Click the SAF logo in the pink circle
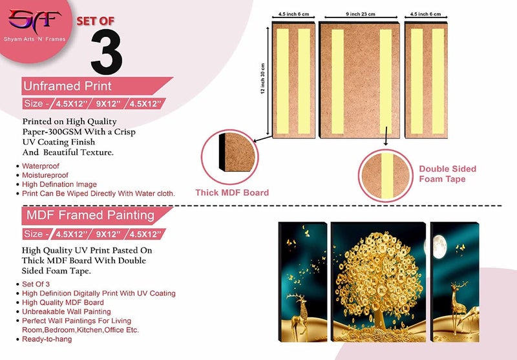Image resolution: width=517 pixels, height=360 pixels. [x=35, y=21]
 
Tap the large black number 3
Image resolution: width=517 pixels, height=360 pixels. [x=107, y=52]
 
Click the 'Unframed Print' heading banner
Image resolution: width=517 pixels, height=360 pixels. [x=97, y=86]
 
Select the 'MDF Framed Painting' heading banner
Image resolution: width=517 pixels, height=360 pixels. [x=97, y=216]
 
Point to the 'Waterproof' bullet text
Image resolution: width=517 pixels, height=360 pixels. [x=41, y=166]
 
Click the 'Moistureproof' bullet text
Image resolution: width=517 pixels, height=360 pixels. [x=45, y=175]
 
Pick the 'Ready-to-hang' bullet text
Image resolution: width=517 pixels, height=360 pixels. [x=47, y=339]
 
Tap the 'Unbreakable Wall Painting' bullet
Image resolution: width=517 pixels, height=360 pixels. [x=67, y=312]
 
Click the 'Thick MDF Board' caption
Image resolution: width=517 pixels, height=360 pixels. [x=232, y=193]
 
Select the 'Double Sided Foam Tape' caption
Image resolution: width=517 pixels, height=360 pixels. [x=447, y=174]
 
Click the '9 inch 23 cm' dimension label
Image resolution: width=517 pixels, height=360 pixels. [x=361, y=14]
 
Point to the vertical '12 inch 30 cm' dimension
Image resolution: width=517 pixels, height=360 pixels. [x=263, y=79]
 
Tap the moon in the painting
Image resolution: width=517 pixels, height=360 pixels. [x=439, y=247]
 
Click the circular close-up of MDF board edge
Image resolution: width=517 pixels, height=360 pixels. [x=230, y=157]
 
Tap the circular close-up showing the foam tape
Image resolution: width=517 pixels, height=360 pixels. [x=385, y=175]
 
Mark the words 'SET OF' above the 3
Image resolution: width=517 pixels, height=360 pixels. [x=96, y=21]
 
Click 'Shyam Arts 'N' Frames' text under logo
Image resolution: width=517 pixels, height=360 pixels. [x=35, y=39]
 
